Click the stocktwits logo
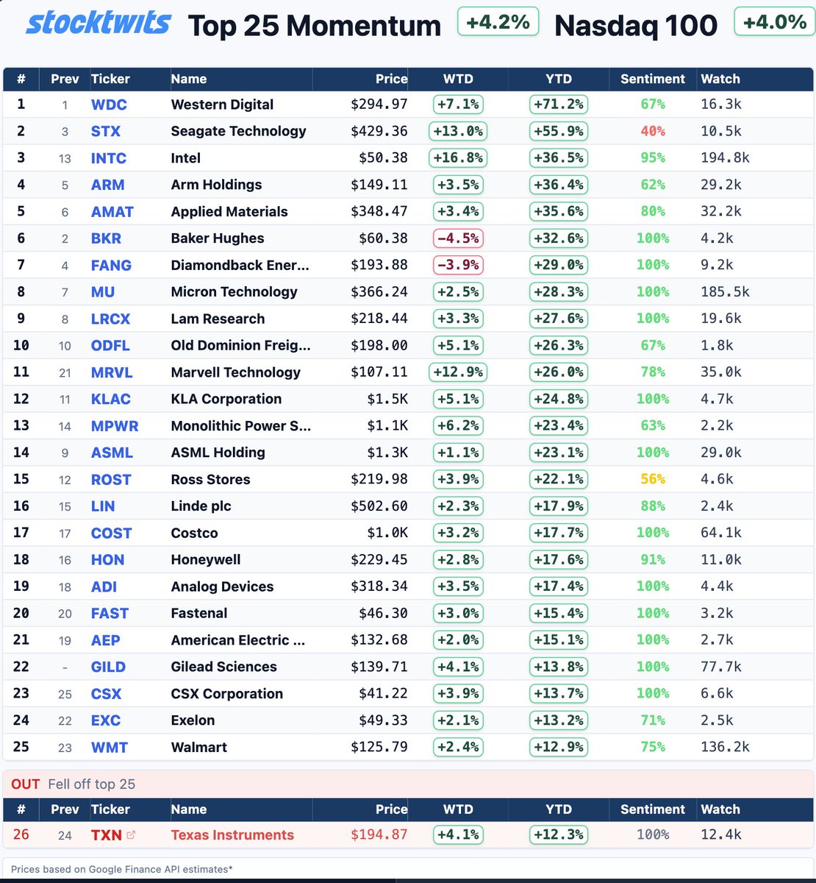pos(98,23)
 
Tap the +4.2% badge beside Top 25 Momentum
pos(498,22)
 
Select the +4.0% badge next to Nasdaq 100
pos(775,22)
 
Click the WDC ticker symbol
pos(109,104)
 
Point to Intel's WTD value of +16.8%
pos(458,158)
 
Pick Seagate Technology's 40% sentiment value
pos(652,131)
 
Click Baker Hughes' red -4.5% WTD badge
pos(458,238)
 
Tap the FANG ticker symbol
pos(111,266)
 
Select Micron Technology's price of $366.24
pos(379,292)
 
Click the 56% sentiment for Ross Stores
pos(652,480)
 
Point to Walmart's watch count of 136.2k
pos(725,748)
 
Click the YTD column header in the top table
pos(559,79)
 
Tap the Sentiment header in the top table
pos(652,79)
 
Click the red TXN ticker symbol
pos(106,835)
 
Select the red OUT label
pos(26,784)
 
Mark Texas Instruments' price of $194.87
pos(379,835)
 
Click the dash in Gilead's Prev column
pos(65,667)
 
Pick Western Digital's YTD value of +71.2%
pos(559,104)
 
